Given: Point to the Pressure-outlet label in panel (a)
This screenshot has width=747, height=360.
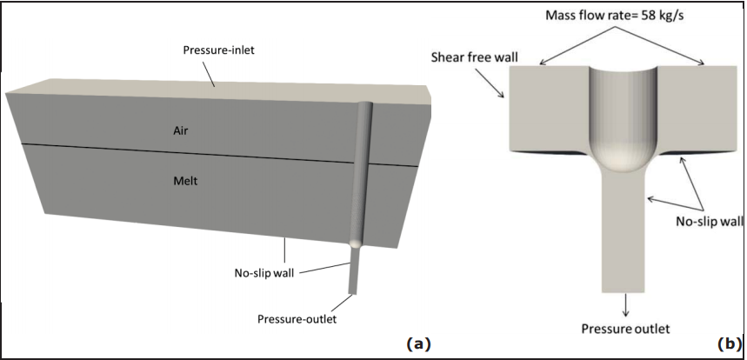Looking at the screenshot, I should click(x=297, y=319).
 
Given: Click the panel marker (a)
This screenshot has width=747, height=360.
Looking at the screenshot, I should click(x=418, y=343).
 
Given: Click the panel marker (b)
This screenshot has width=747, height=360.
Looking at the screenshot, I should click(x=728, y=343).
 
